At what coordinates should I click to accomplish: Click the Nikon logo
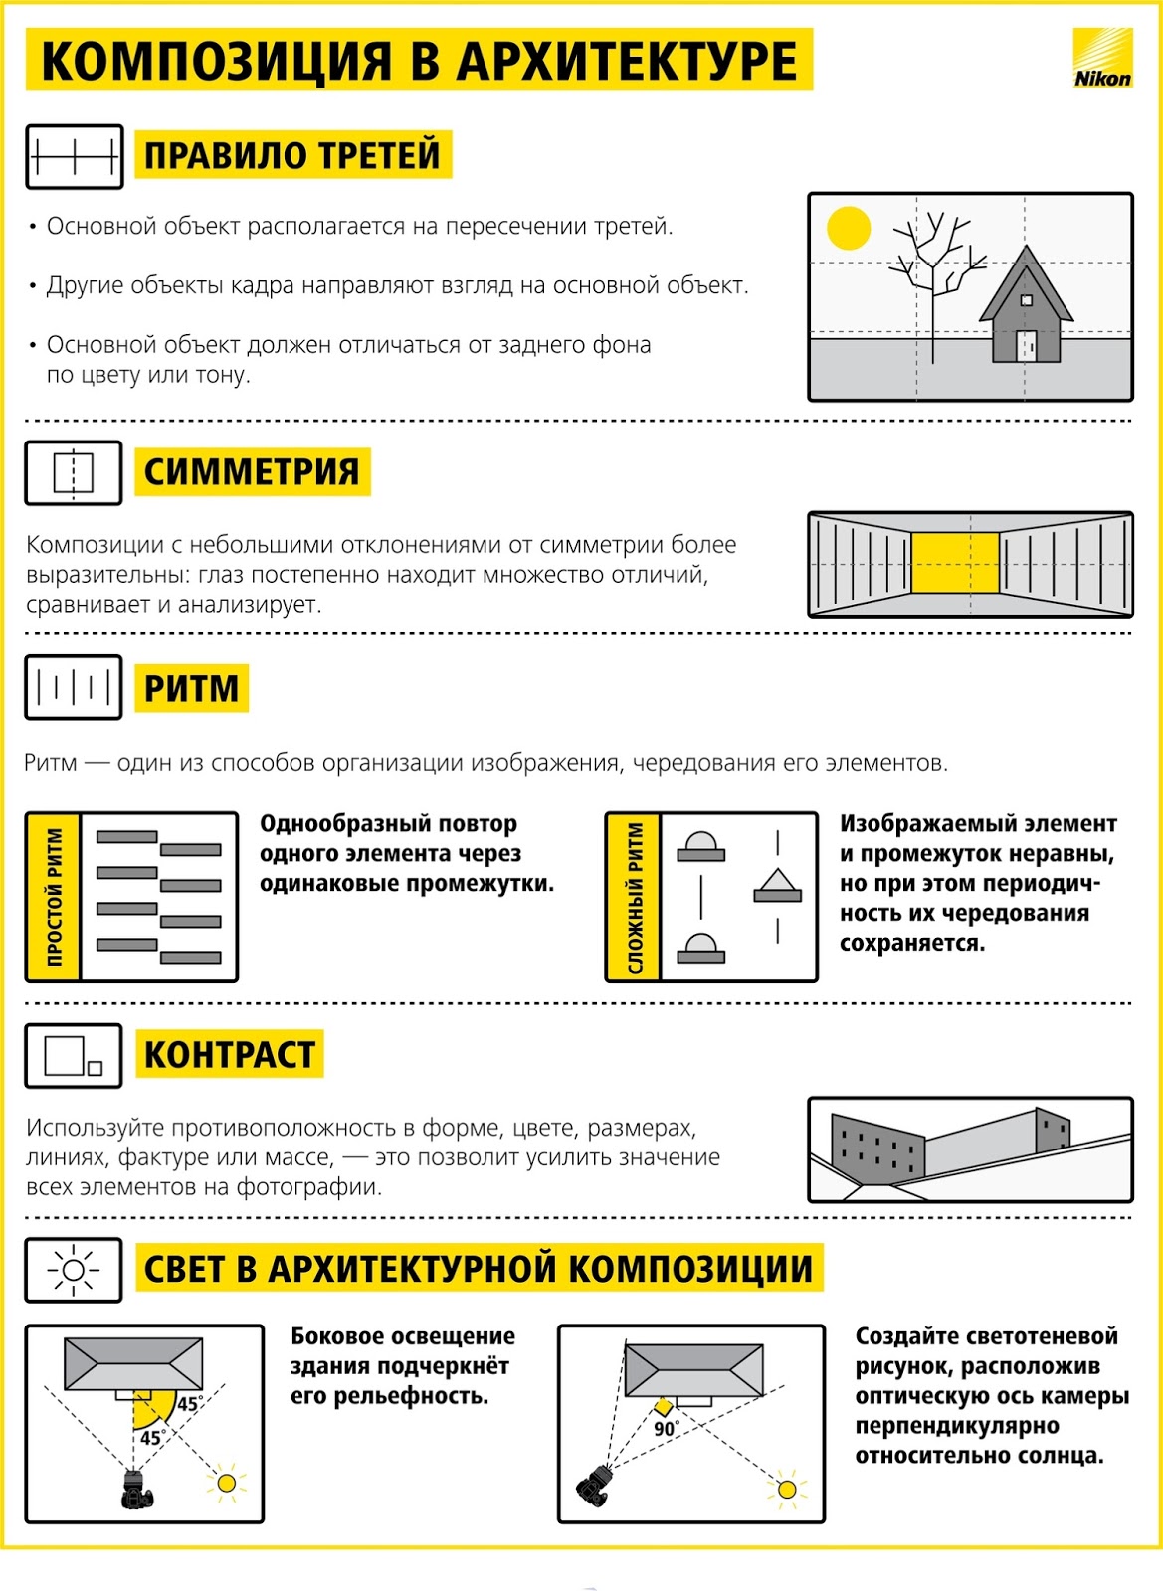coord(1102,59)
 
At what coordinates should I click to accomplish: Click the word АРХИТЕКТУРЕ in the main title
coord(626,61)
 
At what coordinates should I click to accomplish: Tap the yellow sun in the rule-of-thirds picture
coord(849,228)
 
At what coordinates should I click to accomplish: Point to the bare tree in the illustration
coord(932,268)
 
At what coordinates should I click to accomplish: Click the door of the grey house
coord(1026,346)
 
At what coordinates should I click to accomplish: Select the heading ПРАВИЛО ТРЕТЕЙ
coord(292,155)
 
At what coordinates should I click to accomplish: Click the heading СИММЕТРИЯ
coord(252,471)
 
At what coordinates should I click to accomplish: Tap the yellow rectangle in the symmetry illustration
coord(955,562)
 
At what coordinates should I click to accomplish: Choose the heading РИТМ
coord(191,688)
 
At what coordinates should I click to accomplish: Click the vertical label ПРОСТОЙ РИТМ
coord(54,897)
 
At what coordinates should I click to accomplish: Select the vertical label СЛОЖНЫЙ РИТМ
coord(634,897)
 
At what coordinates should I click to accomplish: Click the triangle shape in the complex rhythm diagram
coord(777,883)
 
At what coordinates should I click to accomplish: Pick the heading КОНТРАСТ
coord(229,1054)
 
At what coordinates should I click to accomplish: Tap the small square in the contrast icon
coord(96,1069)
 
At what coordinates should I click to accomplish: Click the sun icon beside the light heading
coord(74,1270)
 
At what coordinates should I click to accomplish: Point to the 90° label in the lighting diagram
coord(666,1429)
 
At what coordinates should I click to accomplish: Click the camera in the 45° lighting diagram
coord(135,1490)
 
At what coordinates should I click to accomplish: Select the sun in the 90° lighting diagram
coord(787,1489)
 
